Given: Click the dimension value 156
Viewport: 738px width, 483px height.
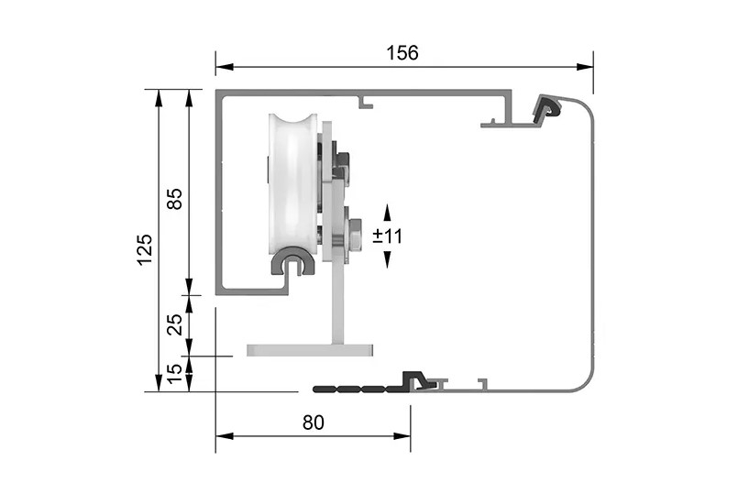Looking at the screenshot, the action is pos(402,53).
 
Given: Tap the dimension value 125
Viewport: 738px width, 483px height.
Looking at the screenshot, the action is pos(145,249).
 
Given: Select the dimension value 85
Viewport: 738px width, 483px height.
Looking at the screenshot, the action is pos(174,199).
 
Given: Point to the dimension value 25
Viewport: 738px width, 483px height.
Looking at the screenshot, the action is pos(174,324).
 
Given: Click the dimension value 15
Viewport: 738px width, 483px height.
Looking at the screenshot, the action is pos(174,374).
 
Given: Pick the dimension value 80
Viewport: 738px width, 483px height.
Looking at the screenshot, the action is pos(314,423).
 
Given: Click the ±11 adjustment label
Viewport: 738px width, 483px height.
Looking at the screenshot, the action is pos(388,236).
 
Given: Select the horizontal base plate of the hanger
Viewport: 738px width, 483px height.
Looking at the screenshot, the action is pos(310,350).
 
